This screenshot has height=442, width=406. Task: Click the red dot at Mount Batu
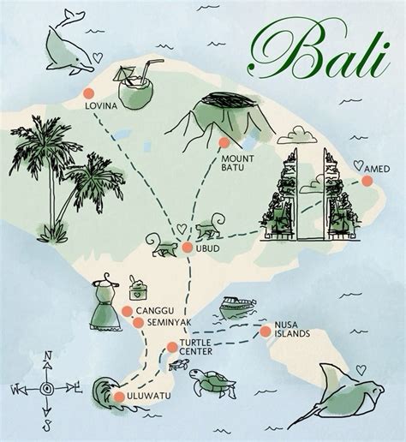pos(224,142)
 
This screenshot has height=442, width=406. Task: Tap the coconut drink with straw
pos(138,86)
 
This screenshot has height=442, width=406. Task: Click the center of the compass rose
pos(46,388)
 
